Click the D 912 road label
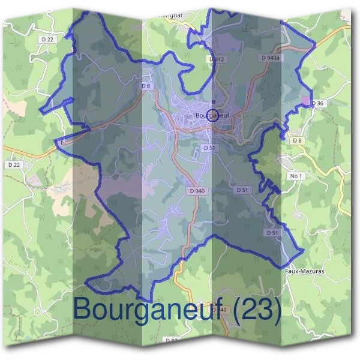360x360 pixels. (x=217, y=59)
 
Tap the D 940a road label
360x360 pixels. (x=271, y=58)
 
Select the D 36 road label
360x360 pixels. (x=318, y=103)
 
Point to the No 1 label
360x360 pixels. (x=295, y=176)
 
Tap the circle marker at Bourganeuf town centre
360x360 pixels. (x=212, y=116)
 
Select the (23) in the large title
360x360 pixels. (x=257, y=310)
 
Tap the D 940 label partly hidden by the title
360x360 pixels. (x=220, y=310)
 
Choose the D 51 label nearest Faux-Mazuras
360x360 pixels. (x=272, y=232)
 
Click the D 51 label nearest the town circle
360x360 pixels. (x=209, y=147)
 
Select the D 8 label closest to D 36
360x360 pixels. (x=296, y=140)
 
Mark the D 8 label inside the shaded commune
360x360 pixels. (x=146, y=86)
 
